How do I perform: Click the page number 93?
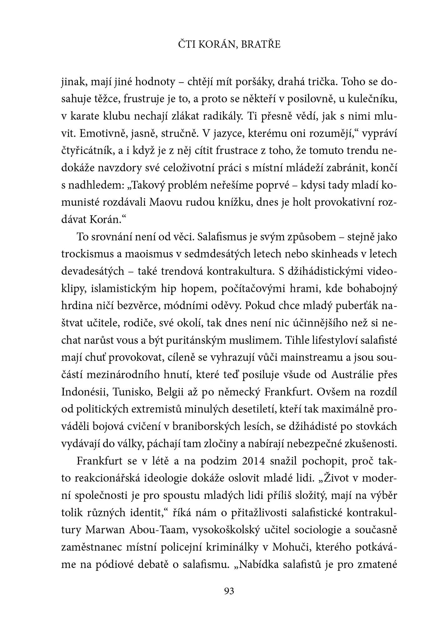[229, 591]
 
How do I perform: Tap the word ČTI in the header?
[186, 45]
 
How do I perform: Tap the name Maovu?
[165, 202]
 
